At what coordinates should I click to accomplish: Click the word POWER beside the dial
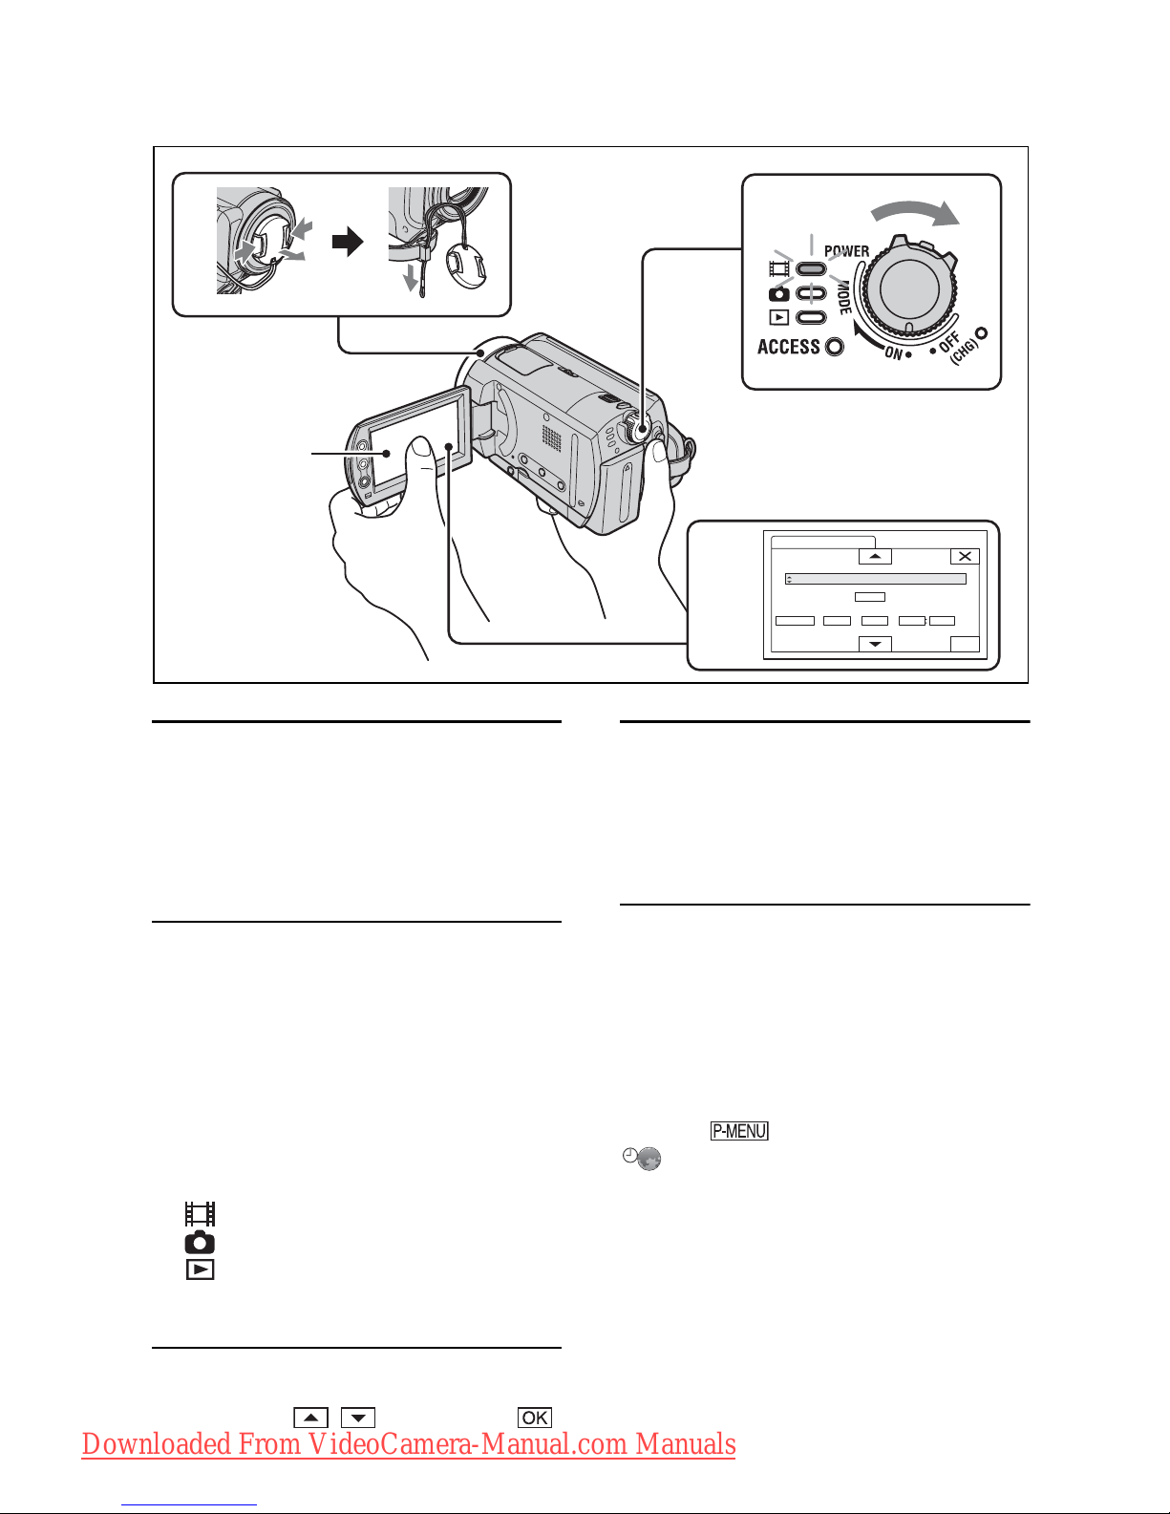(846, 251)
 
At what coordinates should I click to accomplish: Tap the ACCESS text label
(788, 347)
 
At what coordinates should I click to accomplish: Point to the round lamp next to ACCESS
(835, 347)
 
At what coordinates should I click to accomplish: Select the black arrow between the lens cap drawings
(348, 243)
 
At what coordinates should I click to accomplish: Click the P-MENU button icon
(739, 1130)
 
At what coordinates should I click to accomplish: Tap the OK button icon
(534, 1418)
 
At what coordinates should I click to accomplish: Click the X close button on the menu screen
(965, 556)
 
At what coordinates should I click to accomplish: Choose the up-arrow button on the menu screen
(876, 556)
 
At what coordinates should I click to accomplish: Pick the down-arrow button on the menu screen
(876, 644)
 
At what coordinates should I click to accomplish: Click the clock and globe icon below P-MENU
(642, 1159)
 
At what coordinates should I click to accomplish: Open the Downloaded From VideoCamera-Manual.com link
(409, 1445)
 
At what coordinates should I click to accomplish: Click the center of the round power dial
(909, 288)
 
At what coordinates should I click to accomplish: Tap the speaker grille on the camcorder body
(552, 437)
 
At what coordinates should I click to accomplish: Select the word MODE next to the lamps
(844, 298)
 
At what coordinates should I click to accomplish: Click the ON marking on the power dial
(894, 352)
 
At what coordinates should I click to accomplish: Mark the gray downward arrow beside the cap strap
(411, 277)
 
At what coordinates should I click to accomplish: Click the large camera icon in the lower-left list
(200, 1243)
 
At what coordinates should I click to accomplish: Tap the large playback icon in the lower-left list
(200, 1269)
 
